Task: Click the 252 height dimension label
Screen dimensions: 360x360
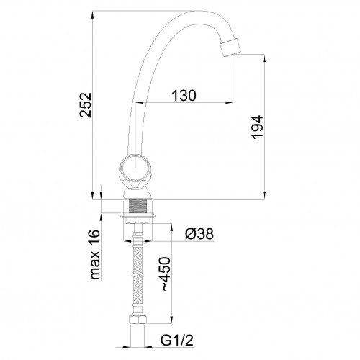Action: pyautogui.click(x=86, y=105)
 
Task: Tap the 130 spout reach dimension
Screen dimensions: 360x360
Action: pyautogui.click(x=184, y=95)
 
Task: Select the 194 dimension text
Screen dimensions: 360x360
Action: pyautogui.click(x=257, y=127)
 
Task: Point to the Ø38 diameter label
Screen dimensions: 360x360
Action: pyautogui.click(x=199, y=233)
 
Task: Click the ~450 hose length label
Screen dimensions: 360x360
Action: pyautogui.click(x=166, y=274)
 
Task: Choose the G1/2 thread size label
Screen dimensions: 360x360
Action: pyautogui.click(x=177, y=340)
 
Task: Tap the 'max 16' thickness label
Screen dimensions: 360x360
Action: pyautogui.click(x=95, y=254)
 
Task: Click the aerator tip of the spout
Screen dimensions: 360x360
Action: pyautogui.click(x=230, y=48)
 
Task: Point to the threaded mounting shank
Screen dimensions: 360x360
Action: pyautogui.click(x=138, y=206)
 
